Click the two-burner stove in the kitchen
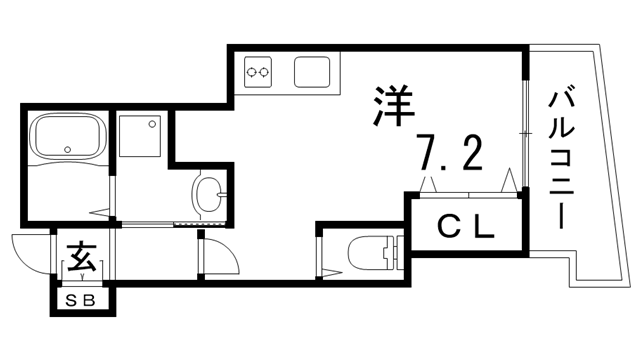[260, 71]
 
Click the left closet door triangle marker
[428, 184]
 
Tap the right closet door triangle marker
[509, 181]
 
